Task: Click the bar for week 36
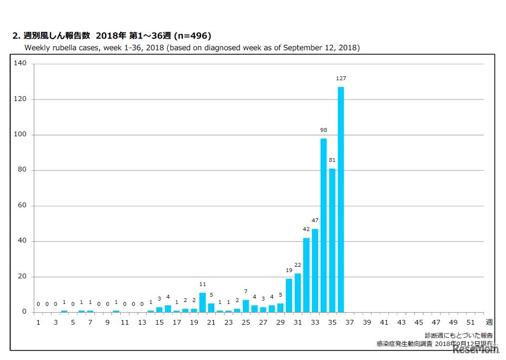(x=341, y=199)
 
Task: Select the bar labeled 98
(x=323, y=225)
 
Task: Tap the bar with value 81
(x=332, y=240)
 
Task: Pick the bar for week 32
(x=306, y=275)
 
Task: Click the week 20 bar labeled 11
(x=202, y=302)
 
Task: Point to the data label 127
(x=341, y=78)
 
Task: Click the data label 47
(x=315, y=220)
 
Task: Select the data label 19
(x=289, y=270)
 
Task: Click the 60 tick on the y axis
(x=22, y=206)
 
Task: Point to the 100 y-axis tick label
(x=20, y=135)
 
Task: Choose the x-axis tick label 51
(x=471, y=322)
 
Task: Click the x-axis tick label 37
(x=350, y=322)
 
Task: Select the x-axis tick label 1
(x=38, y=322)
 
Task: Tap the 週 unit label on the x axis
(x=489, y=322)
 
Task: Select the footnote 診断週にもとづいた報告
(x=459, y=335)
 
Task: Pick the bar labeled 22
(x=297, y=293)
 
